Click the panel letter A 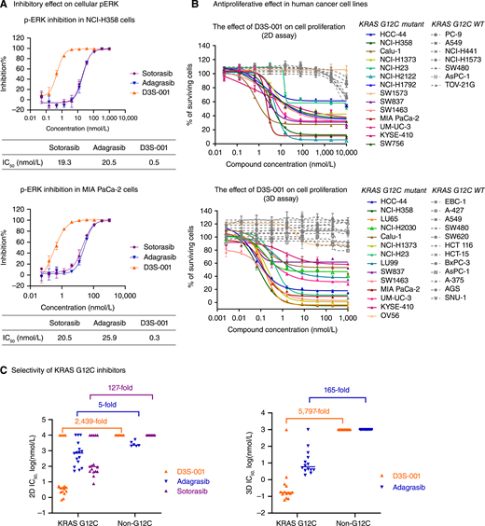[x=6, y=7]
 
